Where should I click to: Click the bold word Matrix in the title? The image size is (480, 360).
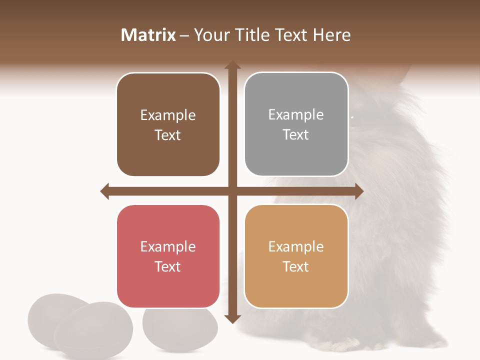click(148, 35)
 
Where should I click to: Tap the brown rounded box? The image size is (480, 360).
click(168, 125)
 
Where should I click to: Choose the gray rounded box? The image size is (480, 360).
click(296, 124)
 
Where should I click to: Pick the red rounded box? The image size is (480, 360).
click(168, 256)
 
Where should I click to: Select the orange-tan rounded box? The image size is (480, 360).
click(296, 256)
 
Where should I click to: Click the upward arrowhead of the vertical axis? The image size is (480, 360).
click(232, 65)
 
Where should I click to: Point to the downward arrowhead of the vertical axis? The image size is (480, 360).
click(232, 318)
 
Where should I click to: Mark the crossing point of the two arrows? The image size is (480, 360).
click(232, 191)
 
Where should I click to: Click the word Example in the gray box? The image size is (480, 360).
click(296, 114)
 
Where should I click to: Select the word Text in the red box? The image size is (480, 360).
click(168, 266)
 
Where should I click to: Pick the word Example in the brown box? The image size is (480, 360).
click(168, 115)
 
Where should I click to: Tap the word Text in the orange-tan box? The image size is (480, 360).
click(296, 266)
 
